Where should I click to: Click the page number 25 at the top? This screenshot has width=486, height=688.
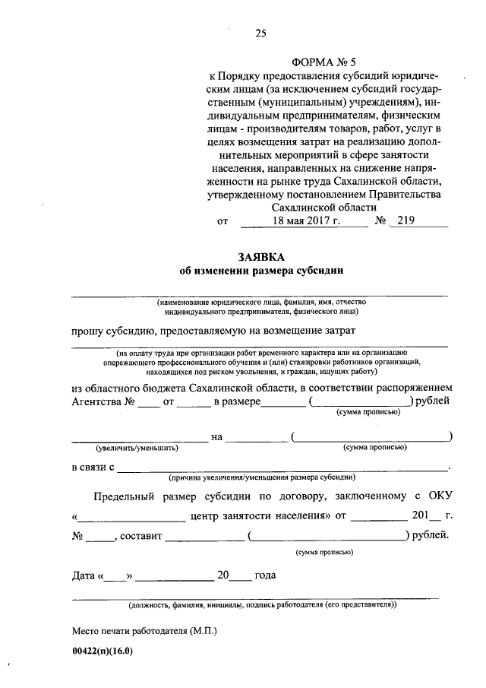point(260,32)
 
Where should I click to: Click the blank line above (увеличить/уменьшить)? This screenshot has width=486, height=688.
point(139,439)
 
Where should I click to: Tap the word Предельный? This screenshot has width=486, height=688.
point(125,498)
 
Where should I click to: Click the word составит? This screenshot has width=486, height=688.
point(140,536)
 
